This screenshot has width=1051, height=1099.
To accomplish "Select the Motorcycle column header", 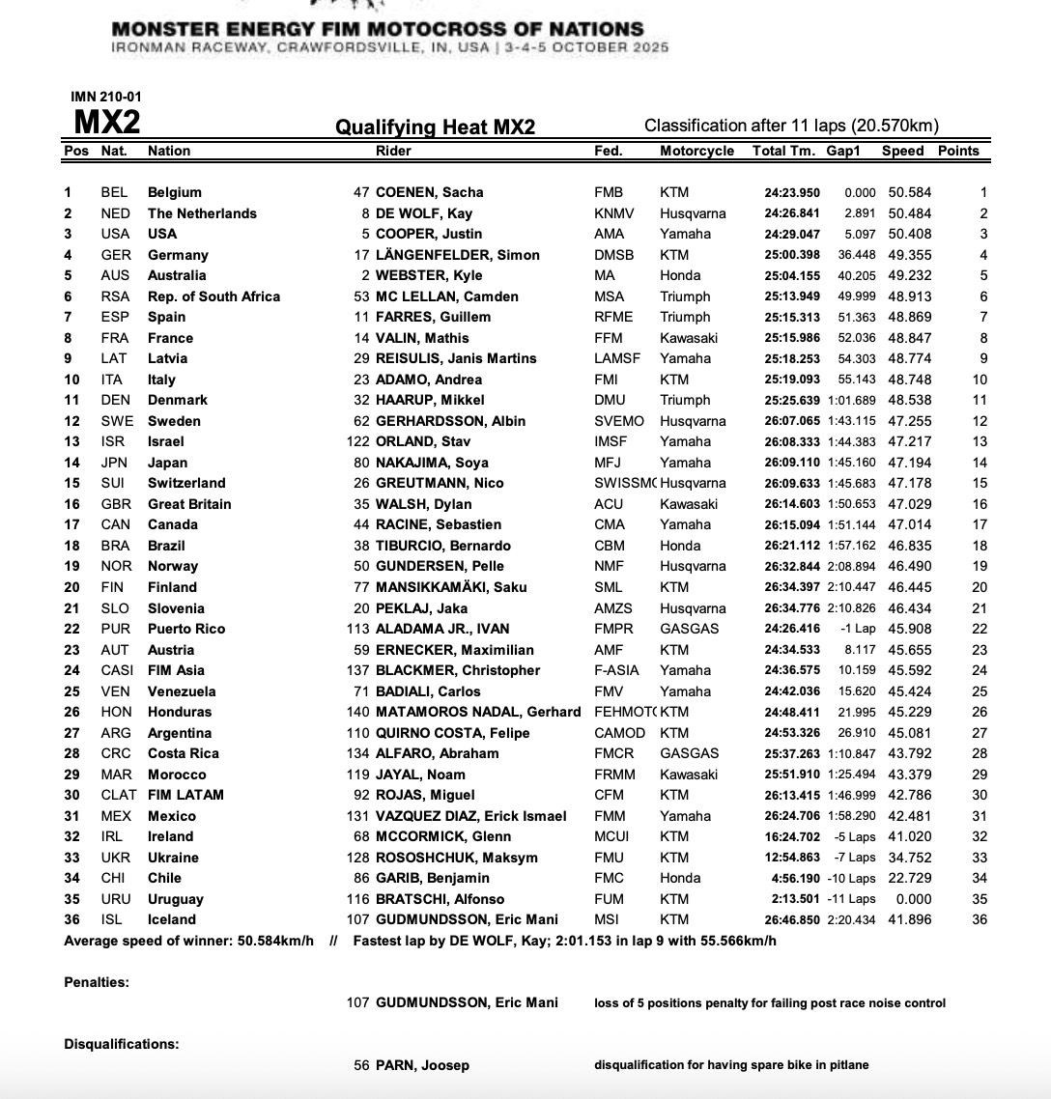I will click(x=696, y=151).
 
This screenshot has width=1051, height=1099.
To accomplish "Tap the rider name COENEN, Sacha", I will click(x=429, y=192).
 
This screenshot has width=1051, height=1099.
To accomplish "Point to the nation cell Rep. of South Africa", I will click(x=213, y=296).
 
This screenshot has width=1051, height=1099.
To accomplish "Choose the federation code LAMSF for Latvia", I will click(x=616, y=358).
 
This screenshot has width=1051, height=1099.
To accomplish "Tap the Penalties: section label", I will click(x=97, y=982).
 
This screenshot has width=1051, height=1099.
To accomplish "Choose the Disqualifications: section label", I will click(x=122, y=1044).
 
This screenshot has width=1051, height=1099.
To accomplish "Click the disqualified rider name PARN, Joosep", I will click(x=424, y=1065).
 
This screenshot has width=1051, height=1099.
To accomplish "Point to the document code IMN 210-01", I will click(x=106, y=96).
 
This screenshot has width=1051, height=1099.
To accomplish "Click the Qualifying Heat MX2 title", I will click(x=435, y=127).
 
